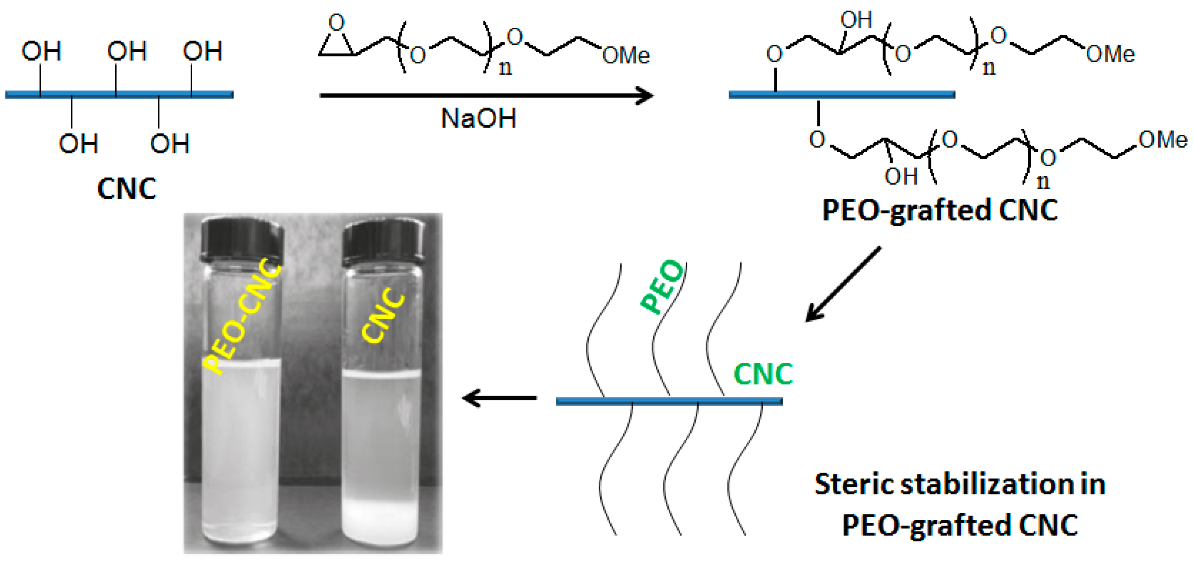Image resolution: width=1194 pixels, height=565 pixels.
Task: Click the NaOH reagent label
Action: pos(479,118)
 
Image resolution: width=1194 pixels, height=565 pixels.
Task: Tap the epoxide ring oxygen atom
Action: pos(336,22)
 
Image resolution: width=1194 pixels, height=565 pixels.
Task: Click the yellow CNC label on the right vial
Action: pos(383,315)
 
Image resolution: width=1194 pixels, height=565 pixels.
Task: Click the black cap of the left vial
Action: pos(242,238)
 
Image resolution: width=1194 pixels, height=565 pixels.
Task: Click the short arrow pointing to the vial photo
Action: pos(500,398)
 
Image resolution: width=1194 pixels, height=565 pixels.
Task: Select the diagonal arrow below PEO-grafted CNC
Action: pos(843,284)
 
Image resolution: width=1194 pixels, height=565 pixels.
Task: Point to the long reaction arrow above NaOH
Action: pos(487,96)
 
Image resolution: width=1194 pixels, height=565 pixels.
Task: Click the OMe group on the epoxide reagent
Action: pos(626,56)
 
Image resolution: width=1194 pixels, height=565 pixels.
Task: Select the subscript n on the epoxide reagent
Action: pos(505,68)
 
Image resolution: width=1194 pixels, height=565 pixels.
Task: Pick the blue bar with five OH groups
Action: pos(119,95)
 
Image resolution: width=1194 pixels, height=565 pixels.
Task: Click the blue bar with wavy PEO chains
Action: pos(669,401)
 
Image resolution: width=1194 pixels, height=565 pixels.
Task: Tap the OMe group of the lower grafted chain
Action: pos(1163,139)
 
